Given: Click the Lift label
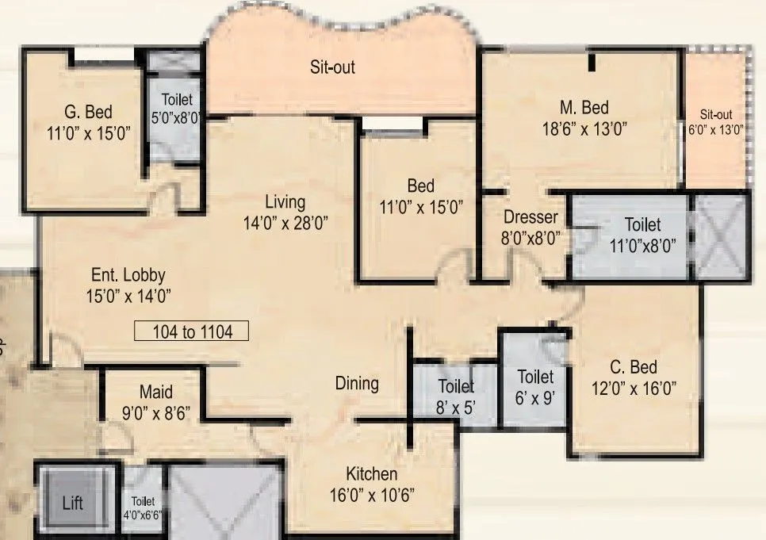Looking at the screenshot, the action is click(73, 503).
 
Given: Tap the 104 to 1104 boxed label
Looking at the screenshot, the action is click(192, 331).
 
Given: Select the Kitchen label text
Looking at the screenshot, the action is click(371, 474).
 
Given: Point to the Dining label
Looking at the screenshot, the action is click(357, 383).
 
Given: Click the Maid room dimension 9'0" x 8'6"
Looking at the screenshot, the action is click(156, 413).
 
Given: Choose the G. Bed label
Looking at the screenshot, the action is click(89, 112).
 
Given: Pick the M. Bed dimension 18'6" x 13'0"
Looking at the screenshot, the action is click(584, 129).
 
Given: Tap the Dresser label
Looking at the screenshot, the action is click(530, 217).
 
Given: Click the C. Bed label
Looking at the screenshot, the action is click(634, 367).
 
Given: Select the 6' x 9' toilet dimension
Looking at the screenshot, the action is click(535, 398).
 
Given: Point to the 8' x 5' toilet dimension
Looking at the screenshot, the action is click(456, 407).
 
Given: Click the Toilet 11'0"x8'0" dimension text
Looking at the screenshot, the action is click(642, 245).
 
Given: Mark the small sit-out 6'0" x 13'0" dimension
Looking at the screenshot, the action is click(716, 130).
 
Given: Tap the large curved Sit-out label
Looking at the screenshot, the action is click(332, 67).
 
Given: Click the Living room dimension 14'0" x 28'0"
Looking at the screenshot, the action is click(285, 223).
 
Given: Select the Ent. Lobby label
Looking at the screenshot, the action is click(128, 275).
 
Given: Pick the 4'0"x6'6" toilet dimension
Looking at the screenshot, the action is click(142, 515).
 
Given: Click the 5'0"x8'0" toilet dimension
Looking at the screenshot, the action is click(176, 118).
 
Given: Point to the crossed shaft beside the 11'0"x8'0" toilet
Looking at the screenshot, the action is click(719, 238).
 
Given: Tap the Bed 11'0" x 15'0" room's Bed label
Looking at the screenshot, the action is click(420, 186).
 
